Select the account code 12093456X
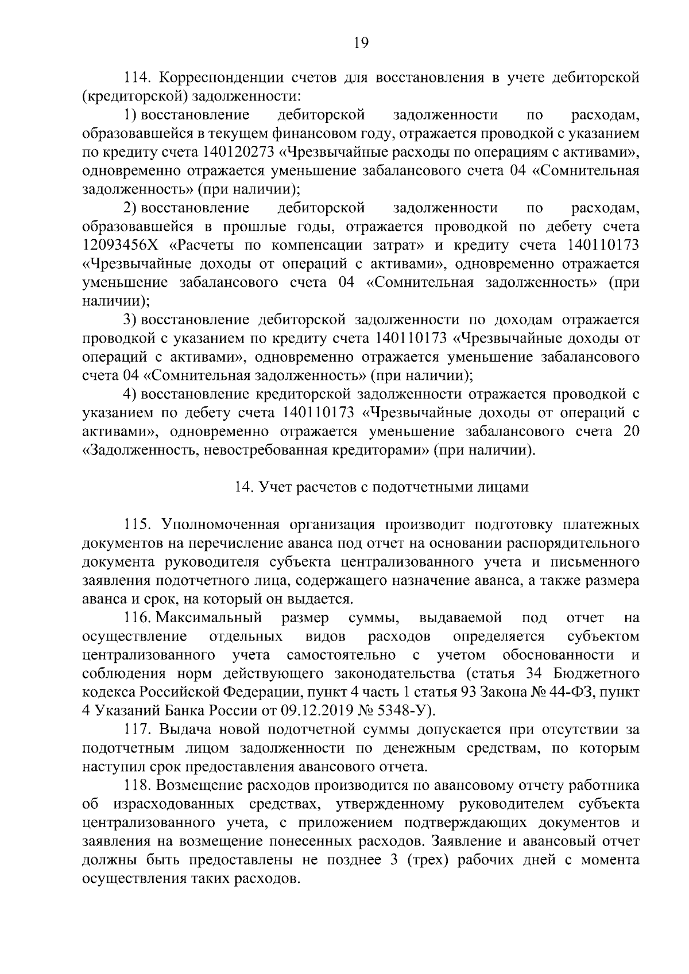[123, 246]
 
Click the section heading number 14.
[243, 487]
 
